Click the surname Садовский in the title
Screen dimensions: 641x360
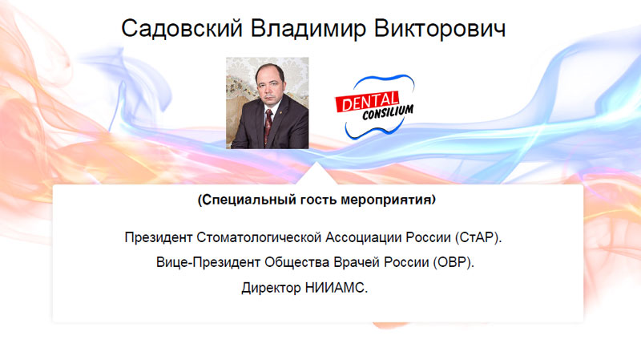coord(182,29)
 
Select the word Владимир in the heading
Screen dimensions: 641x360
coord(308,29)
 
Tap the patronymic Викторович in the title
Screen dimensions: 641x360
coord(440,29)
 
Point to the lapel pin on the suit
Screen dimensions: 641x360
coord(280,111)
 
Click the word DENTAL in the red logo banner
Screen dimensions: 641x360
coord(368,101)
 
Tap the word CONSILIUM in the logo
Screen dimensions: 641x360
coord(388,112)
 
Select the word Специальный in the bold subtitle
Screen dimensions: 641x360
coord(248,200)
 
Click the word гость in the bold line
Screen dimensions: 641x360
coord(318,200)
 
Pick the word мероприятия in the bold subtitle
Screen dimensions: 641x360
coord(388,200)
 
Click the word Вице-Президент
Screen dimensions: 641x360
coord(208,262)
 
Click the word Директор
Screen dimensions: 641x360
coord(271,288)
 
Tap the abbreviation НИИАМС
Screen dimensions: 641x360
coord(334,288)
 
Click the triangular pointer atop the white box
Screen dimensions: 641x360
coord(316,173)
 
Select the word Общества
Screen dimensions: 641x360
coord(296,262)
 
